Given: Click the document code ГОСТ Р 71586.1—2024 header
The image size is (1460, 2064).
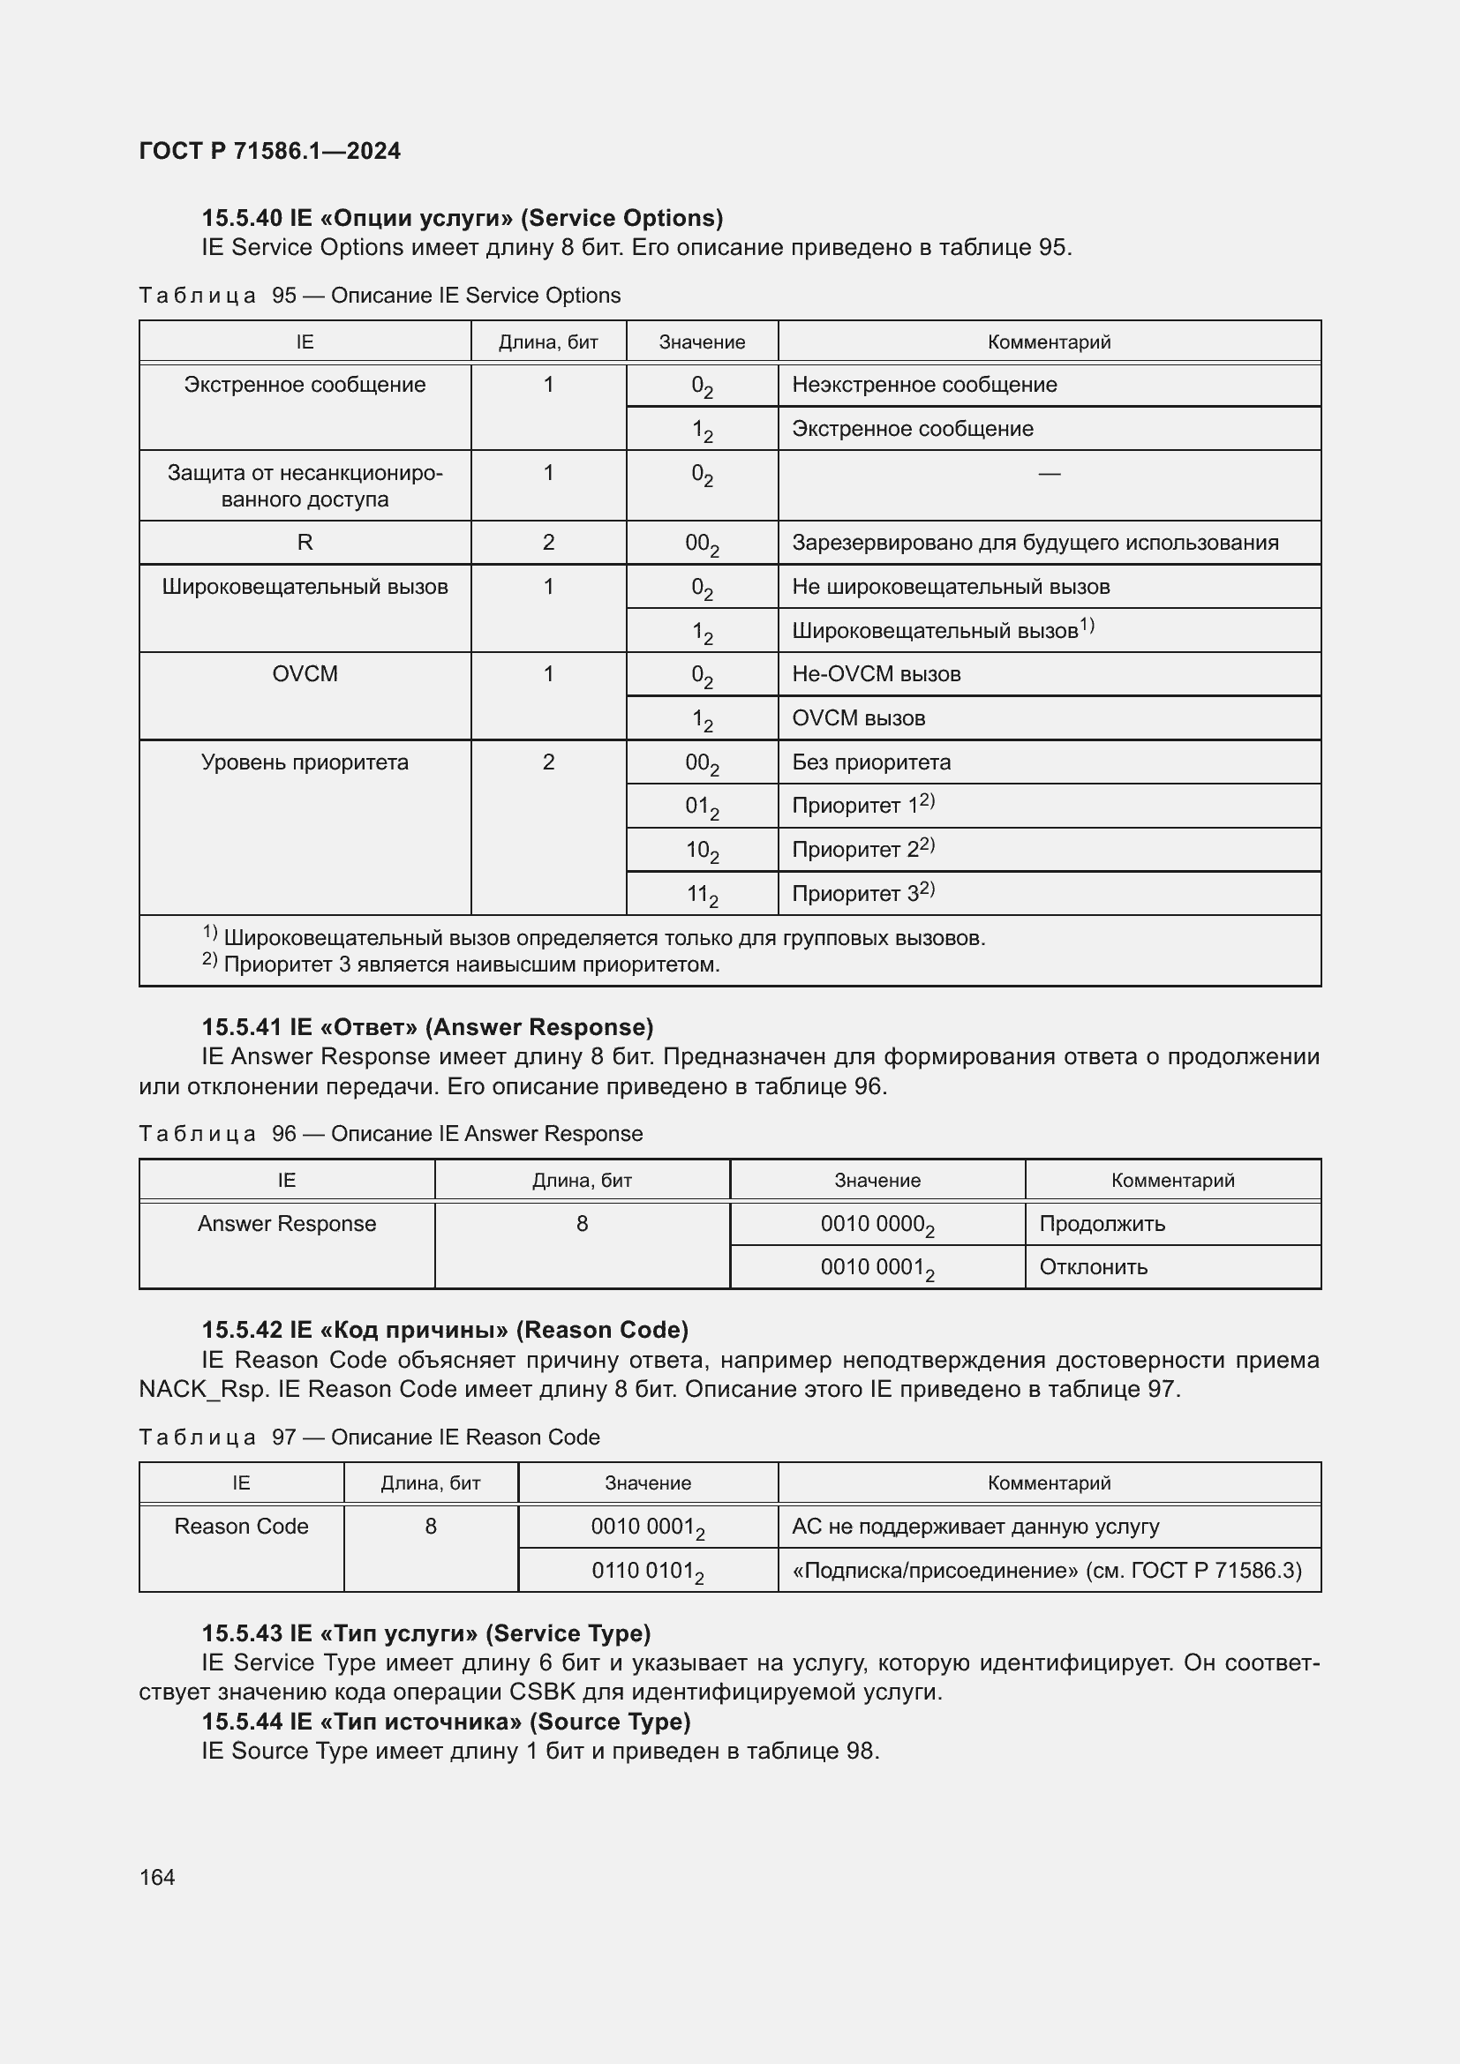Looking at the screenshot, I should [x=270, y=151].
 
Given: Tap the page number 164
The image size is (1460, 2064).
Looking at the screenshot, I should [x=157, y=1877].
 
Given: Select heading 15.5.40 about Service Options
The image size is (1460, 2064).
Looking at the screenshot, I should [x=462, y=218].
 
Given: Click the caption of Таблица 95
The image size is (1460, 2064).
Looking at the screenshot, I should [x=380, y=296].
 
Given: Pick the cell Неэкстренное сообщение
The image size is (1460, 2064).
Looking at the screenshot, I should [x=924, y=385].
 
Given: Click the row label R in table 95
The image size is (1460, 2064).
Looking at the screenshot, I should [x=305, y=542].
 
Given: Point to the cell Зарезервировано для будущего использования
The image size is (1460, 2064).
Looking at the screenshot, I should [x=1035, y=543].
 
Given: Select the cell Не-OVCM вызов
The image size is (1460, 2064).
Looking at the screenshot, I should [x=876, y=674].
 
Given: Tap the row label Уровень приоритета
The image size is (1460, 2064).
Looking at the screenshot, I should [x=305, y=762].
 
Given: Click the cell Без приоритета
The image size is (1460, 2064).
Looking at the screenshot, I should [x=871, y=762].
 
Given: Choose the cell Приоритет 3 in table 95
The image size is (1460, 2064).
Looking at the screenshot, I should [x=863, y=894].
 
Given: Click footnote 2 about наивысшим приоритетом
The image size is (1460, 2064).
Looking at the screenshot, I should [x=461, y=964].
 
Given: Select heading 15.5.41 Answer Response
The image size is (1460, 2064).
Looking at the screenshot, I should [x=427, y=1026].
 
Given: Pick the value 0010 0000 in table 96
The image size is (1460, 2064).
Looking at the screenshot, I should [x=877, y=1225].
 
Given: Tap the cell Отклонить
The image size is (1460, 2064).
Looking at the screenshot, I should [x=1093, y=1267].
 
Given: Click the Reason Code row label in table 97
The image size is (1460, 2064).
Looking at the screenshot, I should [x=241, y=1527].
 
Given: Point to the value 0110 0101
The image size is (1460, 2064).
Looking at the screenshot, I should [x=646, y=1571].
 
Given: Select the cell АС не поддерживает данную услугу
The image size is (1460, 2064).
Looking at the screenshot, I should [x=975, y=1527].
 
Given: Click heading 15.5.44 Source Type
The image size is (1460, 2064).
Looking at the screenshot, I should [x=446, y=1721].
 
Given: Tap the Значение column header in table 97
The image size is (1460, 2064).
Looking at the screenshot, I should [x=647, y=1482].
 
